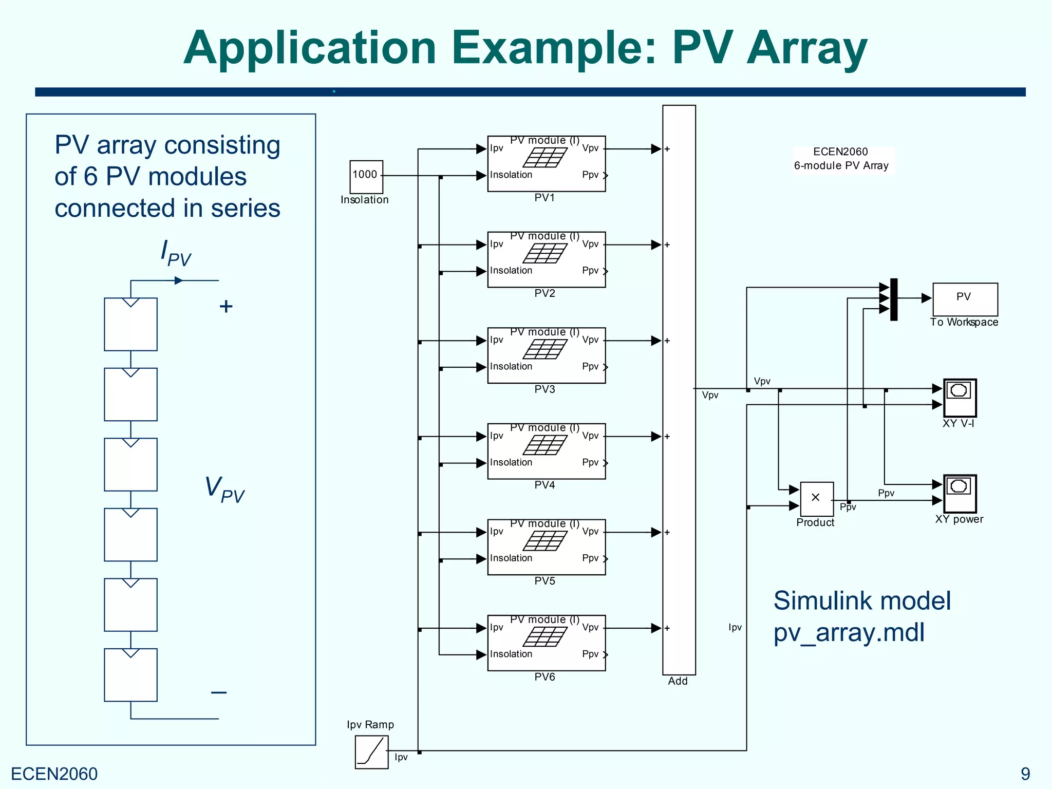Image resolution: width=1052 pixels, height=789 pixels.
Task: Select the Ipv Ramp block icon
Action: [x=371, y=752]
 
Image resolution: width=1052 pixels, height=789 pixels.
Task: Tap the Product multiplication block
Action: [x=816, y=499]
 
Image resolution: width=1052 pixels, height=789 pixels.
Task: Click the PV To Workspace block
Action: [x=965, y=299]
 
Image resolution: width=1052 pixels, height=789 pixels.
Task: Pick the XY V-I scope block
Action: [x=960, y=398]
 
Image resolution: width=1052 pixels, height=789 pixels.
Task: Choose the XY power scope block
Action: [x=960, y=494]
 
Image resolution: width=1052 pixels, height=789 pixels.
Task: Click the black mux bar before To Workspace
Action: [x=894, y=299]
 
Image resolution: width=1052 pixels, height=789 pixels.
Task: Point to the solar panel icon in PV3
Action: [x=545, y=349]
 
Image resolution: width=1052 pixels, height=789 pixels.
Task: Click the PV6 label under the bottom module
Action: [x=544, y=677]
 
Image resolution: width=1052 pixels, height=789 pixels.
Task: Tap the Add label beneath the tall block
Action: [x=678, y=681]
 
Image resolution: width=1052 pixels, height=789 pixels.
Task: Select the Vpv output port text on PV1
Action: [x=590, y=148]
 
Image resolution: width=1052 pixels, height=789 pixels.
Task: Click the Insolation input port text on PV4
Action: [x=511, y=462]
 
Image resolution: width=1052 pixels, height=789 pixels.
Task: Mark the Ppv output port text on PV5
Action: [x=590, y=558]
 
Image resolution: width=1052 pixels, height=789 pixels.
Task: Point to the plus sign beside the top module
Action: [x=226, y=307]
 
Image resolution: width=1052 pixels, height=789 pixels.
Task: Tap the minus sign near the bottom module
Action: [x=219, y=692]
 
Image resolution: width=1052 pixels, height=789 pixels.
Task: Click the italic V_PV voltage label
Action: [x=224, y=489]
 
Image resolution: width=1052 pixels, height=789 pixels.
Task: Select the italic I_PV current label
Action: [x=176, y=253]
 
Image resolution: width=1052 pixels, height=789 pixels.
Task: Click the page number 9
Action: [x=1025, y=774]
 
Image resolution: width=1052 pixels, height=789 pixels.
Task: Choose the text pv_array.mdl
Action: [x=849, y=632]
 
